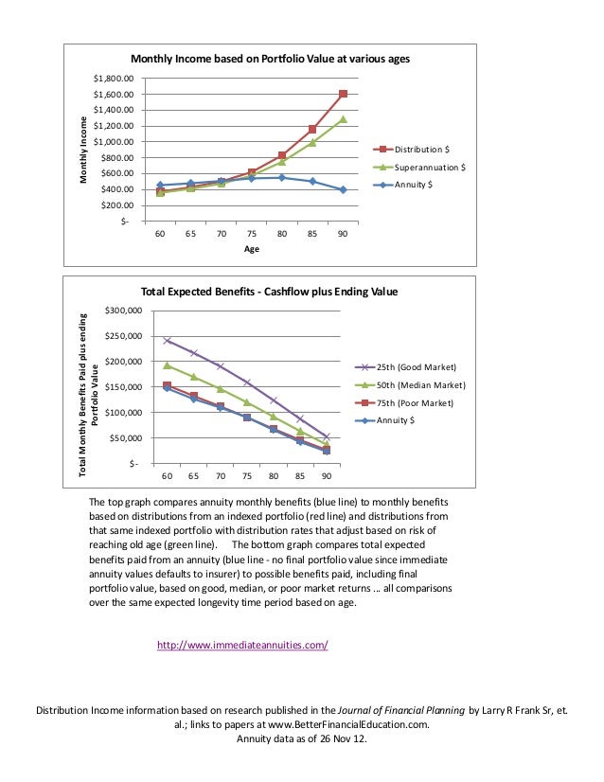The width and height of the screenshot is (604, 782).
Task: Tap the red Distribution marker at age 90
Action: (x=343, y=94)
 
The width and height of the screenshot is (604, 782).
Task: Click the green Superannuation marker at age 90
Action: (x=343, y=119)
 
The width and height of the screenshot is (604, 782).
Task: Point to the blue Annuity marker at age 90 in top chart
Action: (x=343, y=189)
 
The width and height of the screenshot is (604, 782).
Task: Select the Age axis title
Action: (x=251, y=249)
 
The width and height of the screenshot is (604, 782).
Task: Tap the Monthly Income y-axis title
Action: (x=82, y=151)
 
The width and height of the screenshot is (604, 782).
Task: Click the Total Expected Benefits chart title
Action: (x=269, y=292)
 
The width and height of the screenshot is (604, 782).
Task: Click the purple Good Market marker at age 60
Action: (x=168, y=341)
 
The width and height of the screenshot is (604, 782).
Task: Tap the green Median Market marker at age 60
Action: (x=168, y=365)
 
